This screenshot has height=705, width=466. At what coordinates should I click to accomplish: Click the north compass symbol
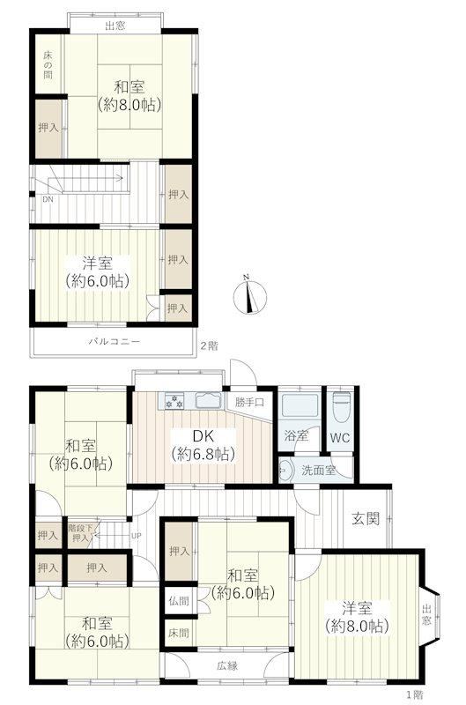pyautogui.click(x=250, y=296)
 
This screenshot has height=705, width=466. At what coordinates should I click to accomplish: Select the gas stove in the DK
pyautogui.click(x=174, y=401)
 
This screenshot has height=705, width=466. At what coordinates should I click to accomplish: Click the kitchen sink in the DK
pyautogui.click(x=209, y=400)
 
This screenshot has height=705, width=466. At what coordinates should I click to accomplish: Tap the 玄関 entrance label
pyautogui.click(x=366, y=518)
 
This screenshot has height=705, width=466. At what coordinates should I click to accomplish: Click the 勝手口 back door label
pyautogui.click(x=249, y=402)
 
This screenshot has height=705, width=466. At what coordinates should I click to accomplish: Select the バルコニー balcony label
pyautogui.click(x=114, y=342)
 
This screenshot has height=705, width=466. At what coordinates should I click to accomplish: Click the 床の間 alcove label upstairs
pyautogui.click(x=48, y=65)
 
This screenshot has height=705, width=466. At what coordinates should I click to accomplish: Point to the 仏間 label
pyautogui.click(x=179, y=601)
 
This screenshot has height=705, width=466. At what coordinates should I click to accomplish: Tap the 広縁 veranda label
pyautogui.click(x=227, y=666)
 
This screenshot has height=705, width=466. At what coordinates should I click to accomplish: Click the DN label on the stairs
pyautogui.click(x=48, y=199)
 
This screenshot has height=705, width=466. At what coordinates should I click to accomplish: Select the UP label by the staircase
pyautogui.click(x=136, y=536)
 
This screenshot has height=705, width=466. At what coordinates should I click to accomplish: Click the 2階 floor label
pyautogui.click(x=209, y=345)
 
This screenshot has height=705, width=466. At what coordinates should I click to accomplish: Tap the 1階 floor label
pyautogui.click(x=414, y=694)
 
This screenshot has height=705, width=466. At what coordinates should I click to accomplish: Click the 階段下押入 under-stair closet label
pyautogui.click(x=80, y=533)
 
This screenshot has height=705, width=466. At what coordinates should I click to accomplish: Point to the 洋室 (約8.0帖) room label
pyautogui.click(x=357, y=618)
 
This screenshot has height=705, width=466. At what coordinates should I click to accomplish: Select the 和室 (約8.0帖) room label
pyautogui.click(x=129, y=95)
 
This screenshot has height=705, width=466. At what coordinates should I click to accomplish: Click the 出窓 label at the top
pyautogui.click(x=115, y=26)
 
